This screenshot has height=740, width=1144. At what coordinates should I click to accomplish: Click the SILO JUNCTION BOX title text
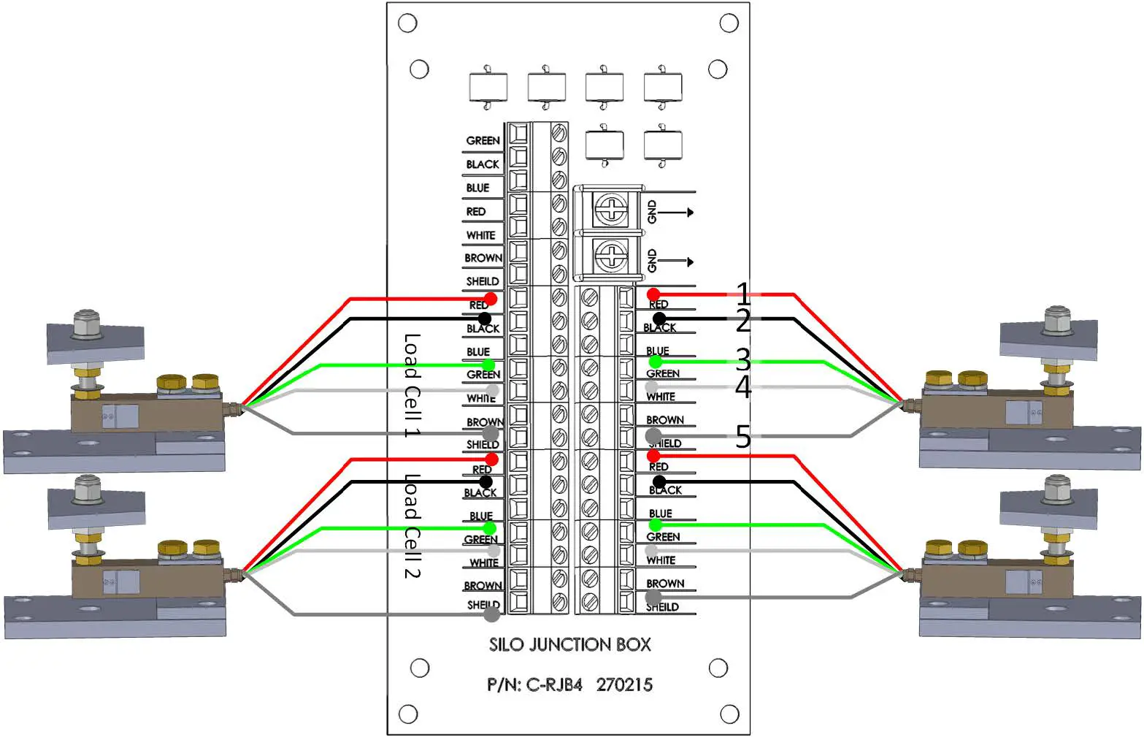click(x=569, y=644)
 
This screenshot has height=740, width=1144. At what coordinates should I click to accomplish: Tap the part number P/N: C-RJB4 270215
click(x=569, y=685)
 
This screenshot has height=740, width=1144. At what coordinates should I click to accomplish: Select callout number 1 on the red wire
click(x=742, y=294)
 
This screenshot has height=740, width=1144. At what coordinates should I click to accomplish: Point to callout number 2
click(x=742, y=321)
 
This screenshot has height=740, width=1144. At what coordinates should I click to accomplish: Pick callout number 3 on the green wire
click(x=742, y=359)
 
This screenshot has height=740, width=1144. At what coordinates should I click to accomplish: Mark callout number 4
click(x=742, y=387)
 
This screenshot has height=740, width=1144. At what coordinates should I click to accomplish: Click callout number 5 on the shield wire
click(x=742, y=437)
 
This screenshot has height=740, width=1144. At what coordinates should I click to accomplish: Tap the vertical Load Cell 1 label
click(x=412, y=385)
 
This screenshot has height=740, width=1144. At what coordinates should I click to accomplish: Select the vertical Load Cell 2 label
click(x=412, y=526)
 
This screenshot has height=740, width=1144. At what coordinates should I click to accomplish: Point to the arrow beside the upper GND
click(x=677, y=213)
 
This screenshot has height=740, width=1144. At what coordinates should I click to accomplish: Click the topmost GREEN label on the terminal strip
click(x=483, y=140)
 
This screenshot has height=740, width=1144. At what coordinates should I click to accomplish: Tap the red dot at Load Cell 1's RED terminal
click(x=491, y=298)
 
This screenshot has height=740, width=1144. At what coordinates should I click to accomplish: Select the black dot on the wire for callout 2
click(x=659, y=318)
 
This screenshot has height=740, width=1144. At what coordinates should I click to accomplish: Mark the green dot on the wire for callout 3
click(x=655, y=362)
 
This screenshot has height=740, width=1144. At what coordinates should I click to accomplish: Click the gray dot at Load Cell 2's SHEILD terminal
click(x=492, y=614)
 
